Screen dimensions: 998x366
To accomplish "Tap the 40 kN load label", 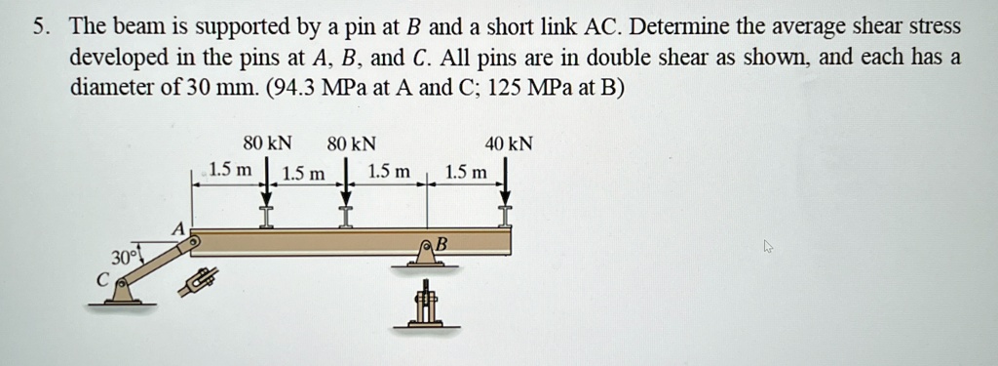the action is click(x=509, y=144).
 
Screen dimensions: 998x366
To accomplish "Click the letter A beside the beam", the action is click(x=176, y=226).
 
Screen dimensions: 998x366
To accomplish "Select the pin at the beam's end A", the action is click(x=194, y=239).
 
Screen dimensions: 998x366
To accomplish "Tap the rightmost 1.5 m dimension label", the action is click(x=465, y=173).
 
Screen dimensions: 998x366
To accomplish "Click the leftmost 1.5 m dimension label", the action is click(x=230, y=171).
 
